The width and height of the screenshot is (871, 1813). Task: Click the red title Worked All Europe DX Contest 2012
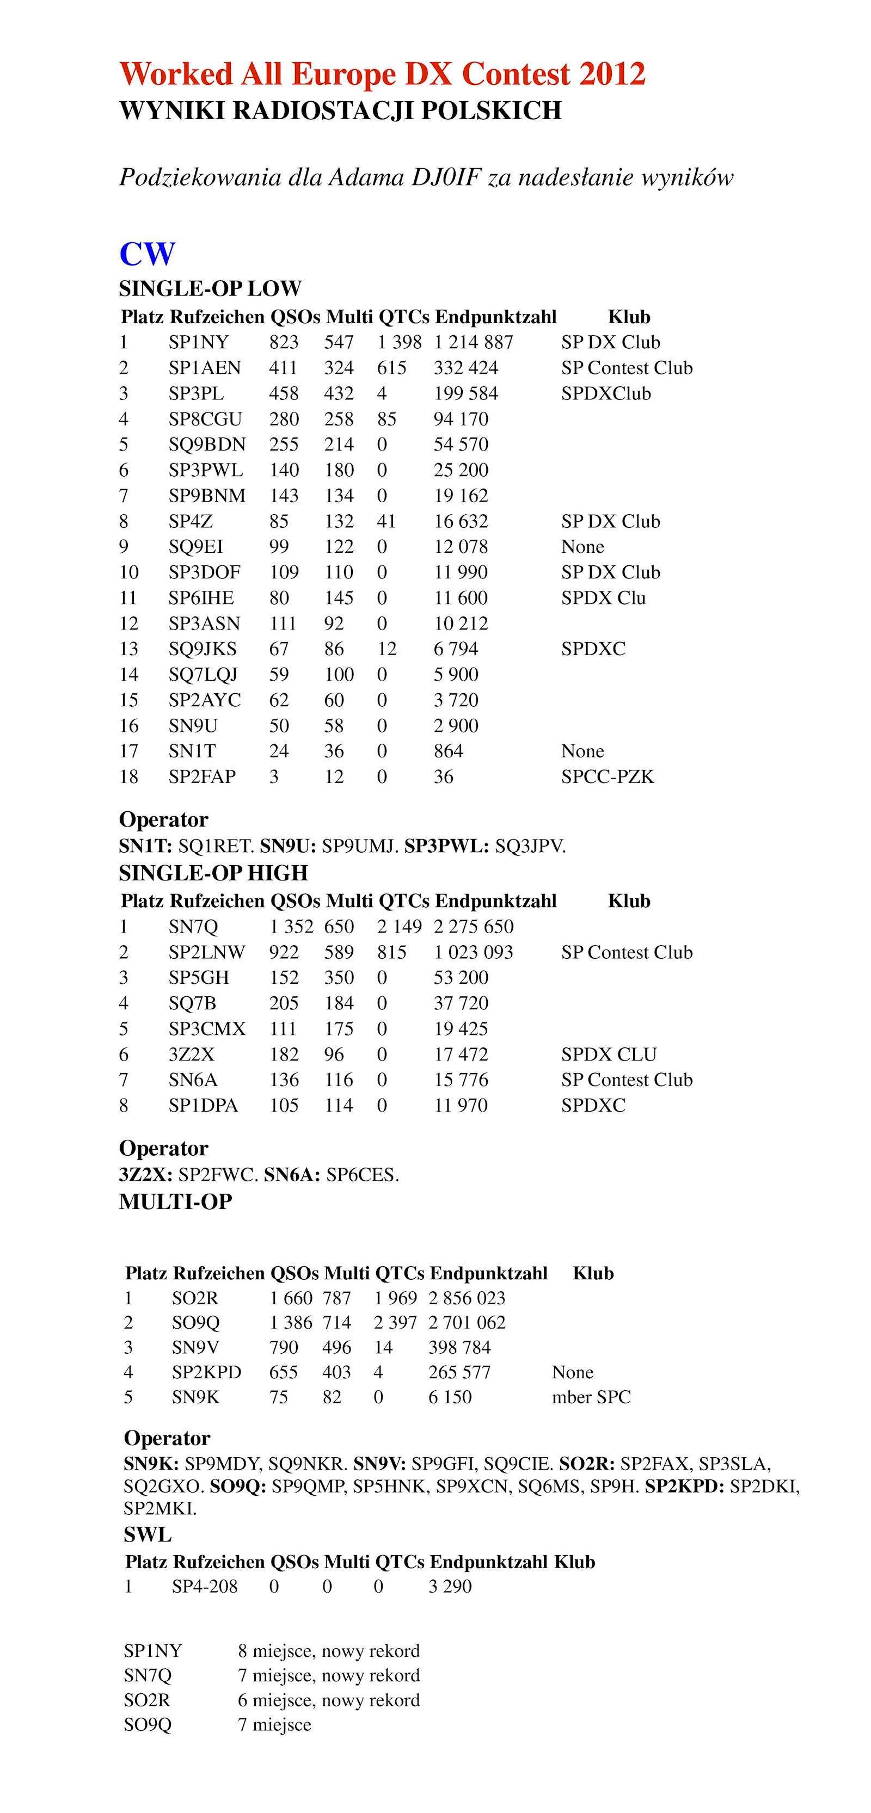[382, 74]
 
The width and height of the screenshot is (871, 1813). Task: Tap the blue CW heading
[147, 254]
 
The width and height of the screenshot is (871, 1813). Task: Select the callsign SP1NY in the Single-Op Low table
[199, 343]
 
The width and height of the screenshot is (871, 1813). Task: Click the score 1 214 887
[473, 343]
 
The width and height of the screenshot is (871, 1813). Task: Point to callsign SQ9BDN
[207, 445]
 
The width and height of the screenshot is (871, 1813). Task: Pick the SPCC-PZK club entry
[607, 777]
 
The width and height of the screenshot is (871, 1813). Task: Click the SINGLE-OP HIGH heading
[213, 873]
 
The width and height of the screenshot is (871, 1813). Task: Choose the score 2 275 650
[473, 927]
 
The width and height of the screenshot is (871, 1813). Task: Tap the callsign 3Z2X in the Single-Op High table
[192, 1054]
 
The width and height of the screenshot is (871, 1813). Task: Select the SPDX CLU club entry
[609, 1054]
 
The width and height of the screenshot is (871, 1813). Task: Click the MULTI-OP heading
[175, 1201]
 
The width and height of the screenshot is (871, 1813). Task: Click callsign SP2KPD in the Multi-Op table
[206, 1372]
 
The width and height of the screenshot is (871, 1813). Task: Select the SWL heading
[148, 1534]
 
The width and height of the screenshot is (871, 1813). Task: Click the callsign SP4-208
[204, 1587]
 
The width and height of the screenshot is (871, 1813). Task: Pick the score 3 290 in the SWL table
[450, 1587]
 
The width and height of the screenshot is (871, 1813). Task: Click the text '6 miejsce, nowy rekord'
[328, 1700]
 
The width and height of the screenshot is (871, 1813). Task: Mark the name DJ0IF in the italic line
[446, 177]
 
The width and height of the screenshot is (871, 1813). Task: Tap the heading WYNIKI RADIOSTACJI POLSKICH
[340, 111]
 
